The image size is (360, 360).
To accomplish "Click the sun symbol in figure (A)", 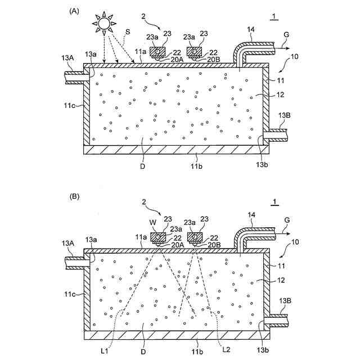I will tap(104, 24).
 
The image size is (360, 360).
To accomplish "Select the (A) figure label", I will tap(74, 11).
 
